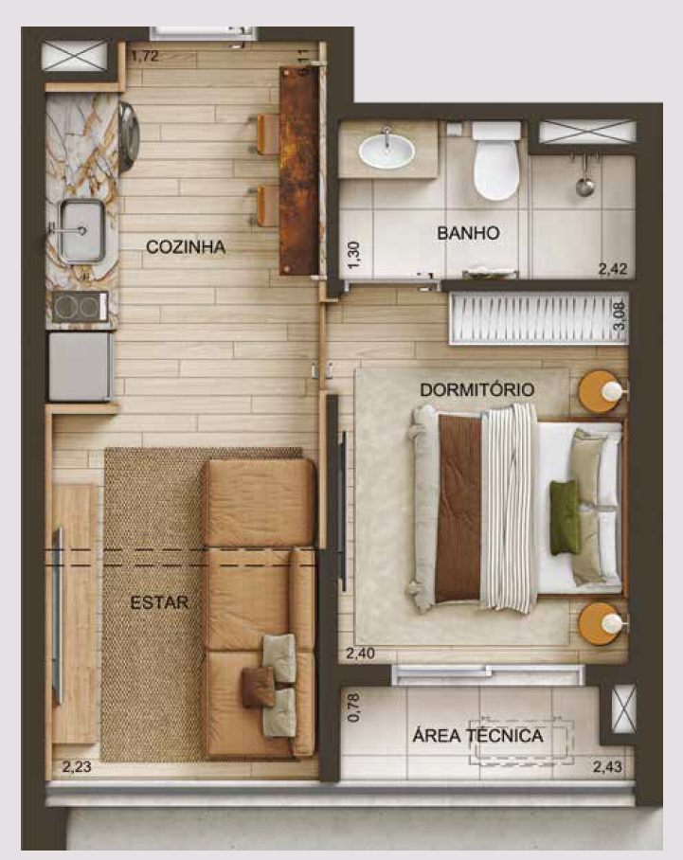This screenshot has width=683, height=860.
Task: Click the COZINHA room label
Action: tap(186, 247)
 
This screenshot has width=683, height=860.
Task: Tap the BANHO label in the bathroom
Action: tap(468, 233)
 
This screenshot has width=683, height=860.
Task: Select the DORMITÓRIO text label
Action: tap(476, 390)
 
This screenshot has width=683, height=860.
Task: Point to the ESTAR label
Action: tap(159, 602)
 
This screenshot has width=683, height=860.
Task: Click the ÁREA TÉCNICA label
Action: tap(477, 736)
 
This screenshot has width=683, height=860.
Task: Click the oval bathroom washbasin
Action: tap(386, 151)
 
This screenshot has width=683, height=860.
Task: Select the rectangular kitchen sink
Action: tap(81, 231)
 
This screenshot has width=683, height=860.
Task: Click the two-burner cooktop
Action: tap(81, 307)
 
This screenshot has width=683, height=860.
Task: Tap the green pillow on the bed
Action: tap(566, 518)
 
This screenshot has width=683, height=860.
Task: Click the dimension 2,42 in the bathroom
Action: tap(612, 269)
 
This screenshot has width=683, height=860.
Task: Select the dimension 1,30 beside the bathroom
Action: tap(354, 255)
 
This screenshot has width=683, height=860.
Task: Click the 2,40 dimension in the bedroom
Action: tap(360, 654)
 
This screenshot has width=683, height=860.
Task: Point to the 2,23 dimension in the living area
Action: tap(77, 767)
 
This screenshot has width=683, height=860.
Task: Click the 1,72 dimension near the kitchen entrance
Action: tap(145, 56)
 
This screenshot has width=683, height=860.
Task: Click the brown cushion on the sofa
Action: tap(259, 686)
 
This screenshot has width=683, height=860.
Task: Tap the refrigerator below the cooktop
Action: tap(81, 367)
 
